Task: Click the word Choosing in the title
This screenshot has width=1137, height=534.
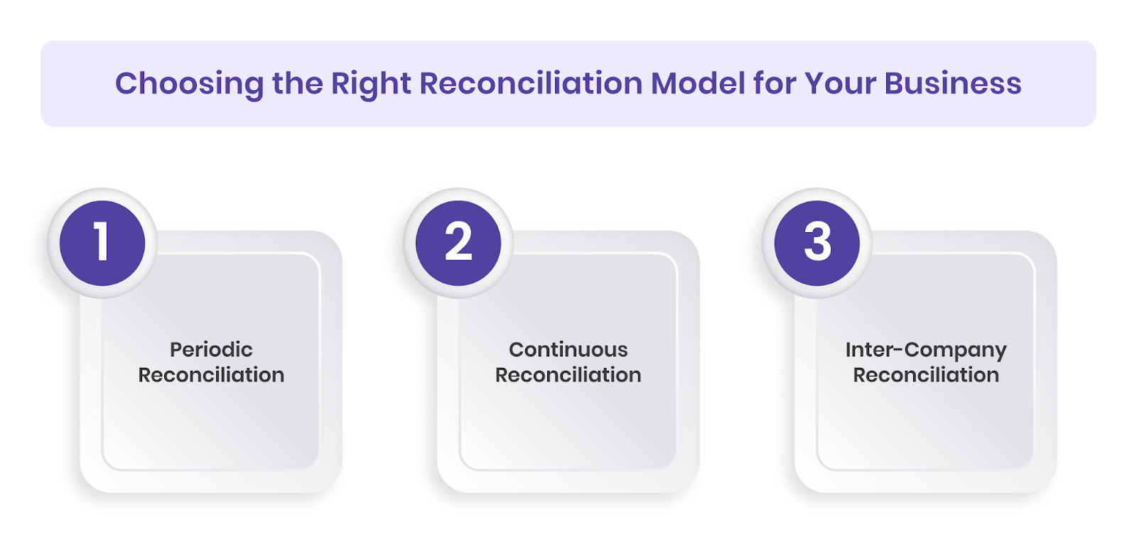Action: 189,84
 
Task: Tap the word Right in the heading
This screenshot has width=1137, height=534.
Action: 371,84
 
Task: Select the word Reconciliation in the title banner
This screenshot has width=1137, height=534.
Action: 531,83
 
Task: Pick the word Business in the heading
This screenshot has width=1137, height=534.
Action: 953,83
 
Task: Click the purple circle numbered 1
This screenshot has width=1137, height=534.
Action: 102,243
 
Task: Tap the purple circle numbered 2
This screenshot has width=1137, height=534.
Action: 458,243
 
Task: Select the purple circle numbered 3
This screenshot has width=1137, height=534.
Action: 817,243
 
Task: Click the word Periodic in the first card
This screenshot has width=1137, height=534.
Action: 211,349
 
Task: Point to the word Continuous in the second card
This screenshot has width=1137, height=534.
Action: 568,349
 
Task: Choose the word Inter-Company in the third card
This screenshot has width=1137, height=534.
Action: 926,350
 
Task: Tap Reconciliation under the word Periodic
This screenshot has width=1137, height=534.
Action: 211,375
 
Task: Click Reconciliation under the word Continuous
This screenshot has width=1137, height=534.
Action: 568,375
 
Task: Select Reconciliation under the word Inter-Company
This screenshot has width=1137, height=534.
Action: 926,375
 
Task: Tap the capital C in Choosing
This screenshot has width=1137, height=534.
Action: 126,83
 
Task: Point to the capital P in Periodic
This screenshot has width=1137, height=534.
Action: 176,349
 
